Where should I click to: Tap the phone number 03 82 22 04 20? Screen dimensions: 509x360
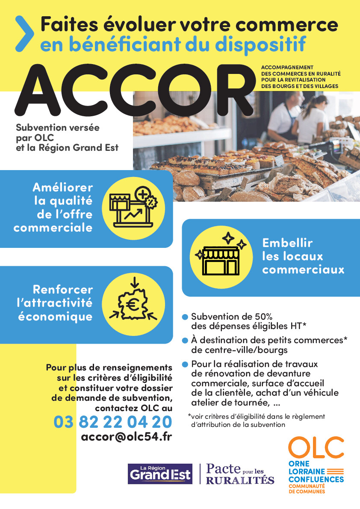113,422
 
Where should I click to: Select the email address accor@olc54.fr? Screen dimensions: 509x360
126,438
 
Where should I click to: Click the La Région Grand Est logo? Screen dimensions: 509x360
159,474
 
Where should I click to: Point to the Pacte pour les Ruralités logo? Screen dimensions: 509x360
240,474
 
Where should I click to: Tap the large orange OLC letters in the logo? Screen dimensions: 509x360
316,447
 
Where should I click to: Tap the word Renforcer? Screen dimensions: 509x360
62,290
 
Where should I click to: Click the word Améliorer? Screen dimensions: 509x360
62,188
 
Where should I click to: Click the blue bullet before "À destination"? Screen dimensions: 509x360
185,341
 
